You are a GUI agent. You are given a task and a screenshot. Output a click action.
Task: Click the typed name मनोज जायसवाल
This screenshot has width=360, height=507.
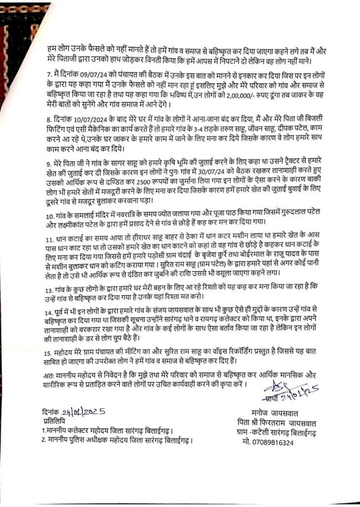(274, 412)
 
